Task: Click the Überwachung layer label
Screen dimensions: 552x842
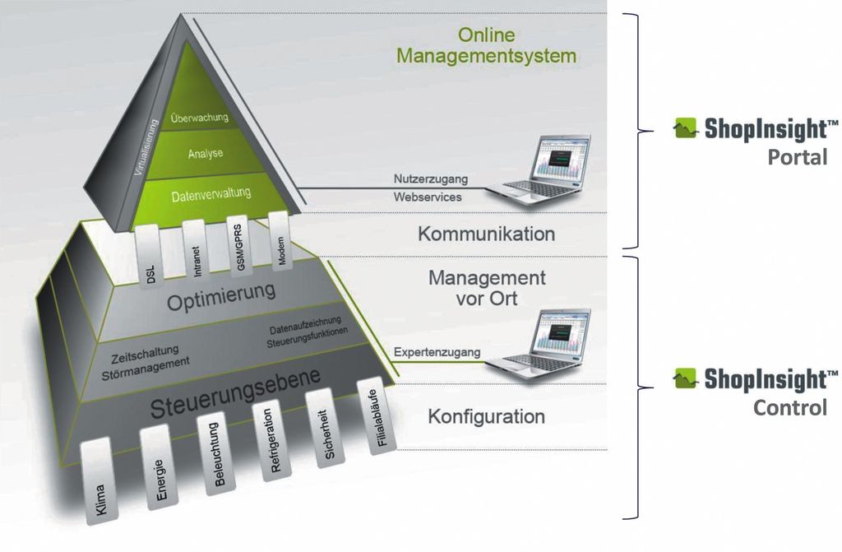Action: coord(199,117)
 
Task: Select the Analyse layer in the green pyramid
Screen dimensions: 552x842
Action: coord(205,154)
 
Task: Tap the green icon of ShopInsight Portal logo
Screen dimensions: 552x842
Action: coord(686,128)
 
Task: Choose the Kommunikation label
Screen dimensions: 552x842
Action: coord(486,234)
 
